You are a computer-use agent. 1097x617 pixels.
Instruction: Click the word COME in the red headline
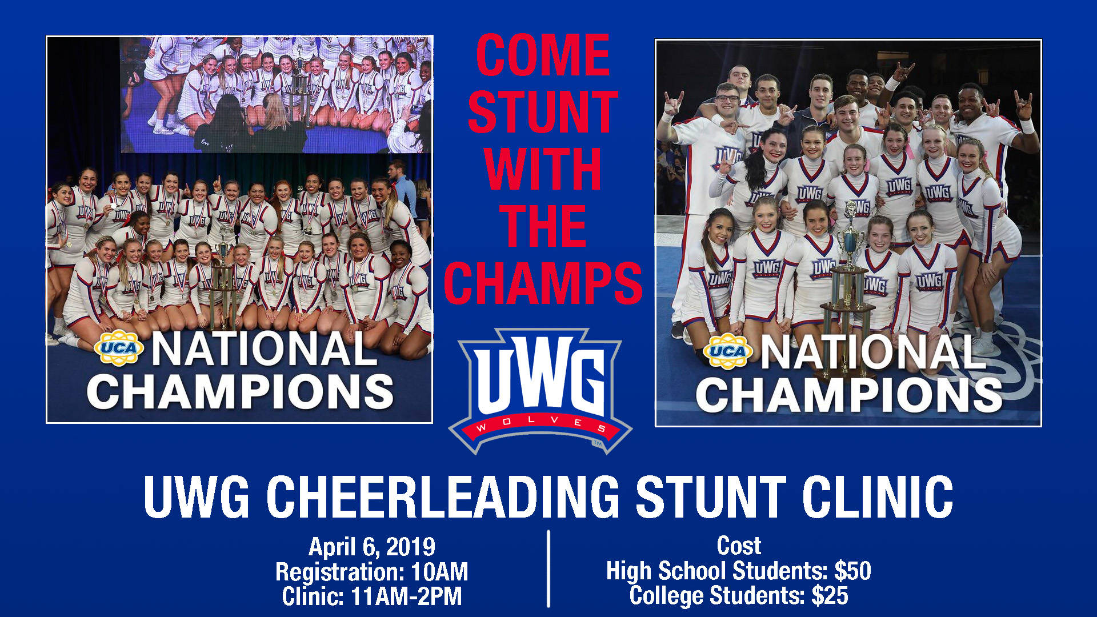click(543, 55)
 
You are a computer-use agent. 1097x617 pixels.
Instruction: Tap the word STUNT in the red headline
click(543, 112)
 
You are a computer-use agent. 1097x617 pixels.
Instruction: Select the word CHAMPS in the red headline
click(543, 283)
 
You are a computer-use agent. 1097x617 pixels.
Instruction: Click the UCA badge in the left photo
click(119, 347)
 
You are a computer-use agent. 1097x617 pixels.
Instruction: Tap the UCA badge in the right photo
click(727, 351)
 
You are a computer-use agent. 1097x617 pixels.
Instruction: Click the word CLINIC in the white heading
click(878, 496)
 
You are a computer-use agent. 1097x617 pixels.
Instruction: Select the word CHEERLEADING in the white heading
click(442, 496)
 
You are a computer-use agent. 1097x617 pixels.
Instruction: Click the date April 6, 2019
click(372, 547)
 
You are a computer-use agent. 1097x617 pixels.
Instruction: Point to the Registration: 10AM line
click(372, 572)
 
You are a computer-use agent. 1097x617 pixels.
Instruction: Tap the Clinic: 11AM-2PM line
click(372, 596)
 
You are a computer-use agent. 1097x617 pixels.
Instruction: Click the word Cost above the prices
click(739, 546)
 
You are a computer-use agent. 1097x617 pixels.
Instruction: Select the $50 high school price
click(852, 571)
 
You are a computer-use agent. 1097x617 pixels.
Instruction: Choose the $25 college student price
click(830, 595)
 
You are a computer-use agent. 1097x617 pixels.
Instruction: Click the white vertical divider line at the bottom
click(548, 568)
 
